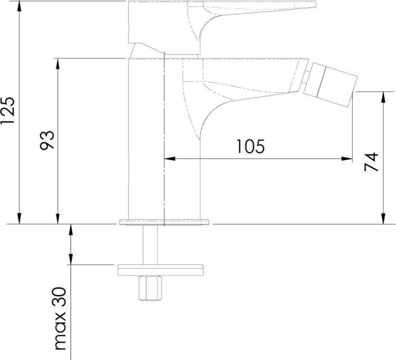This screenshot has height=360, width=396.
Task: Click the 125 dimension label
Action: [7, 110]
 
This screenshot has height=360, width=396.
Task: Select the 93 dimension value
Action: [47, 140]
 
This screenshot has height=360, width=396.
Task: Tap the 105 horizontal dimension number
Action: [250, 146]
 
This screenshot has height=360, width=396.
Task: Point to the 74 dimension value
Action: [371, 162]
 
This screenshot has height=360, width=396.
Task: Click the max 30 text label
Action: [60, 319]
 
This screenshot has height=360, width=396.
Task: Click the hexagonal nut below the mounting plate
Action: [150, 288]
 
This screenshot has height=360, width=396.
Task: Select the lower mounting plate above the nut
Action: [161, 270]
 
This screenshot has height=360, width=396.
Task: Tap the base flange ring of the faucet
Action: [164, 222]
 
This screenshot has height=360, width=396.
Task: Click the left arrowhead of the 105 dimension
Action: [169, 158]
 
